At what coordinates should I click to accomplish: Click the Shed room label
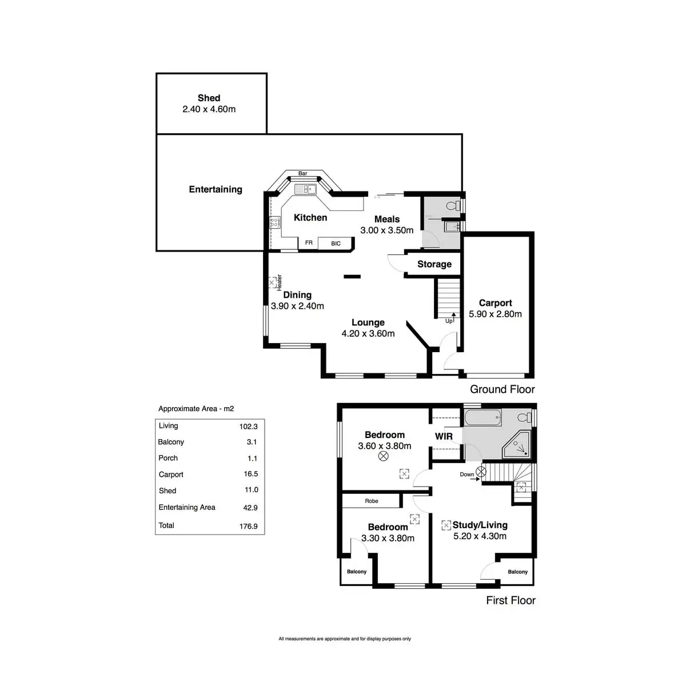pos(209,98)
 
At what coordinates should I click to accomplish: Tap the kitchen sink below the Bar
pos(305,189)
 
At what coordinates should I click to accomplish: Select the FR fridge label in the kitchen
pos(309,242)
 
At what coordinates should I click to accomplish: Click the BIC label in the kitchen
pos(336,244)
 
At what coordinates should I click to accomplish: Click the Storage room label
pos(434,264)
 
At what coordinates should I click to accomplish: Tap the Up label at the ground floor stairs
pos(449,321)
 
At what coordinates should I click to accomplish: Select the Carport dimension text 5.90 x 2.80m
pos(495,314)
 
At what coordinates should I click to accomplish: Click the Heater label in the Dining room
pos(280,282)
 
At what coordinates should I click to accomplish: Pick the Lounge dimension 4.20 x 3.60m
pos(368,333)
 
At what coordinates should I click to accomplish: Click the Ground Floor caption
pos(502,389)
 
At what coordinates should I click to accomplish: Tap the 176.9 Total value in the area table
pos(249,526)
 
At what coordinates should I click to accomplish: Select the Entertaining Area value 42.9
pos(250,508)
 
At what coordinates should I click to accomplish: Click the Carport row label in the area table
pos(171,474)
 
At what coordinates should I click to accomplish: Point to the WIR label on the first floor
pos(444,436)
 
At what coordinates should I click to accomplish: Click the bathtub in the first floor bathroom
pos(482,417)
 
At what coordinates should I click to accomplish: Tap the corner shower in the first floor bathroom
pos(517,445)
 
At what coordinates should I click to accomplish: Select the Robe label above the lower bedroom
pos(372,501)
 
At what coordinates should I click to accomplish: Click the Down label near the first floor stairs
pos(466,474)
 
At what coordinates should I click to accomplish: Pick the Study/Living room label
pos(480,525)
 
